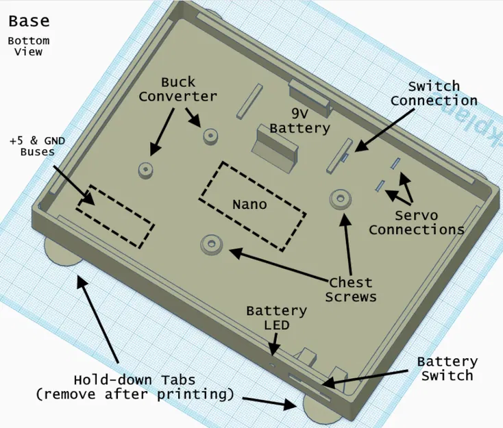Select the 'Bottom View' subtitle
pyautogui.click(x=29, y=46)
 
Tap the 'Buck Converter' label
pyautogui.click(x=178, y=89)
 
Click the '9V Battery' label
pyautogui.click(x=299, y=120)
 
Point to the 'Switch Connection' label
pyautogui.click(x=434, y=93)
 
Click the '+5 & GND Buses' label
pyautogui.click(x=38, y=146)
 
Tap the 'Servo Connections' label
pyautogui.click(x=417, y=223)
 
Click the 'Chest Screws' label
pyautogui.click(x=350, y=289)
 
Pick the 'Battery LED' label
pyautogui.click(x=277, y=318)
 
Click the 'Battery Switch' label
pyautogui.click(x=447, y=368)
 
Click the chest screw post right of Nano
pyautogui.click(x=340, y=199)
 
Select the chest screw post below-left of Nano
pyautogui.click(x=211, y=243)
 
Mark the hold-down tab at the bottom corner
pyautogui.click(x=319, y=410)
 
